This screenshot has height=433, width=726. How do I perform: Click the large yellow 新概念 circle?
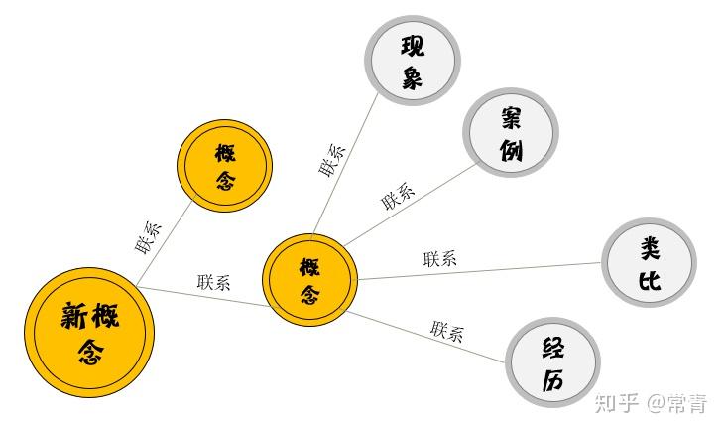click(x=90, y=332)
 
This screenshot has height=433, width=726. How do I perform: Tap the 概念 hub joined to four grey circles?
click(x=309, y=280)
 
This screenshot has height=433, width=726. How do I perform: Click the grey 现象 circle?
click(x=412, y=63)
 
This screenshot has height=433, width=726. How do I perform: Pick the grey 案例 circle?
click(x=512, y=134)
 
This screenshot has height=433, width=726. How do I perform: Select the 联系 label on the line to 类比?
click(x=439, y=259)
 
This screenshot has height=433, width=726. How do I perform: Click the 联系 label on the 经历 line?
click(x=446, y=331)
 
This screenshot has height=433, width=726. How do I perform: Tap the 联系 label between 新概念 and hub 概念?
click(x=213, y=282)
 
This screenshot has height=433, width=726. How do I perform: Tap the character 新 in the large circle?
click(x=71, y=317)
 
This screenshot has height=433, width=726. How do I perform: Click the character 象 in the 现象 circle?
click(x=412, y=79)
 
